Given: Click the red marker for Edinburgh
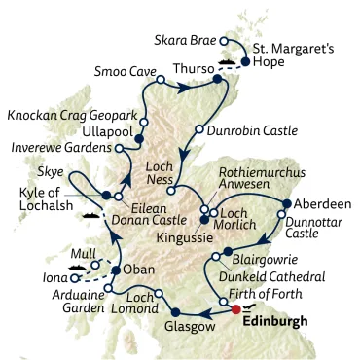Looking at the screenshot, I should coord(234,309).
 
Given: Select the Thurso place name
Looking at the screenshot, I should coord(193,69).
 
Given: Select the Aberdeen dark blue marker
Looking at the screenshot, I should coord(285,204).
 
